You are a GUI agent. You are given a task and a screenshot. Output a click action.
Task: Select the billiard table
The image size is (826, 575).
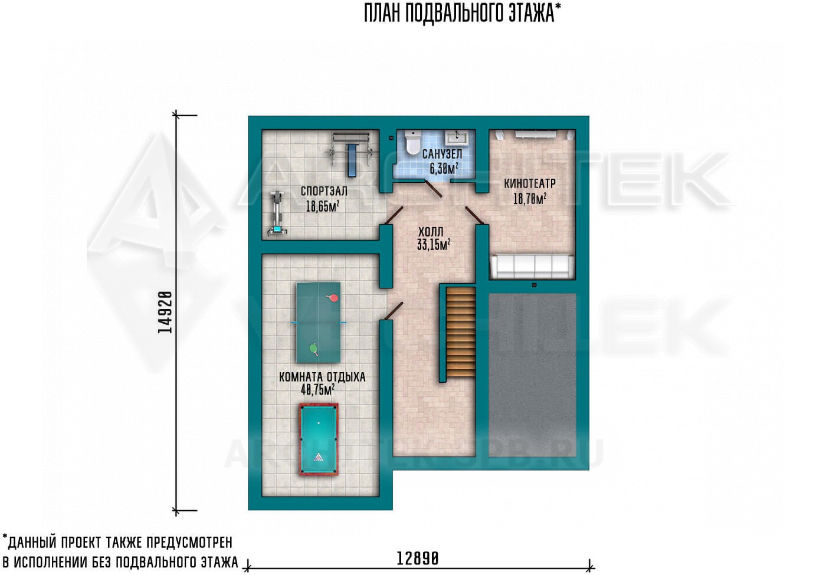click(319, 439)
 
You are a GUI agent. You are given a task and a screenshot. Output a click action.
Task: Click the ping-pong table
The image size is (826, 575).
click(319, 323)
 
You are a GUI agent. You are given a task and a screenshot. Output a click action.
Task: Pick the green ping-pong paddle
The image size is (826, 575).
click(314, 349)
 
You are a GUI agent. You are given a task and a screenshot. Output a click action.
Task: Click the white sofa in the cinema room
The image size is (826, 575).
click(532, 266)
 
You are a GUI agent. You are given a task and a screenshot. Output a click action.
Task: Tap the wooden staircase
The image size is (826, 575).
click(460, 332)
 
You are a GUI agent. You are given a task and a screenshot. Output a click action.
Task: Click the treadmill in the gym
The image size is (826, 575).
click(276, 213)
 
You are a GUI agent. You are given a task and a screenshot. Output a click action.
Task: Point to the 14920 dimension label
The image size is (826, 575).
click(165, 312)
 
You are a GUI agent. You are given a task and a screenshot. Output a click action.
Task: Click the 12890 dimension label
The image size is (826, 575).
click(418, 559)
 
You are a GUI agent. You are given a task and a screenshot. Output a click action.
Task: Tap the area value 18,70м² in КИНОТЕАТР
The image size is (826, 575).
click(530, 199)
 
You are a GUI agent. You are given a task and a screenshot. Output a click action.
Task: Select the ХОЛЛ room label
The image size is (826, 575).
click(431, 232)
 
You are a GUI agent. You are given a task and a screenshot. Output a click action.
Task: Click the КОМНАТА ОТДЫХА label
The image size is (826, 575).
click(322, 377)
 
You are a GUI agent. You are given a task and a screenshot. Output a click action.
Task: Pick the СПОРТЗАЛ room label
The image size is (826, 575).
click(324, 191)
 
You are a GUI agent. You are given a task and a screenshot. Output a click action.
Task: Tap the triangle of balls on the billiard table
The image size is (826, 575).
click(319, 458)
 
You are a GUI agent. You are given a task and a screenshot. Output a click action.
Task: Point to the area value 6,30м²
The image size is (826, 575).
click(444, 169)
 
